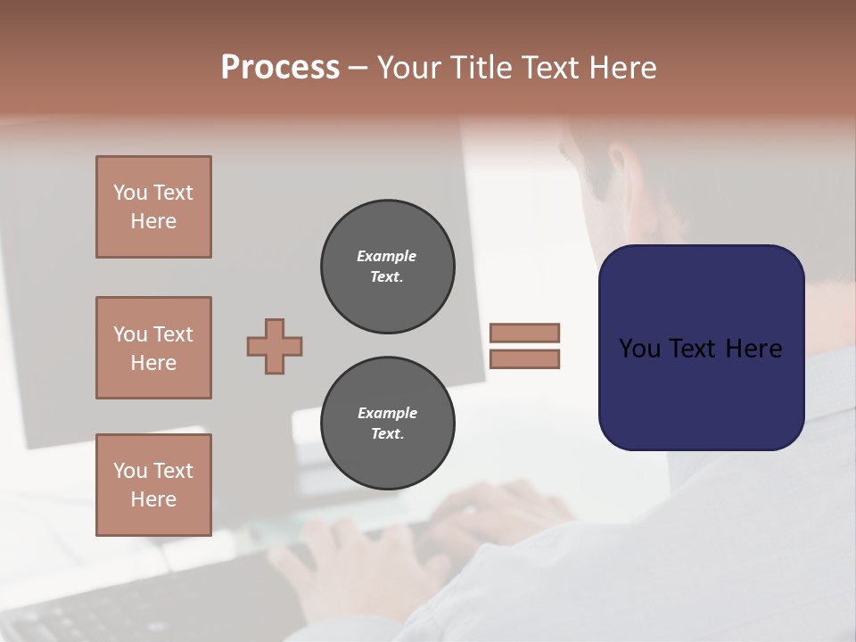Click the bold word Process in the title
tap(280, 68)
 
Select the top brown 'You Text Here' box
tap(153, 207)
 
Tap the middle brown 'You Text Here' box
tap(153, 348)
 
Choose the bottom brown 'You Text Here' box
tap(153, 485)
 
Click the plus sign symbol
tap(275, 346)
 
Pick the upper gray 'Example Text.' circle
tap(388, 267)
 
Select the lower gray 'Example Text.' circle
tap(388, 424)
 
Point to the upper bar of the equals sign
tap(524, 333)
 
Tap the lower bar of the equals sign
tap(524, 359)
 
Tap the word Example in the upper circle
tap(387, 256)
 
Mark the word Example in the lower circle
tap(387, 413)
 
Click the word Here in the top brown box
tap(153, 221)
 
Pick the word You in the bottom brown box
tap(130, 471)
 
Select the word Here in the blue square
tap(753, 349)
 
